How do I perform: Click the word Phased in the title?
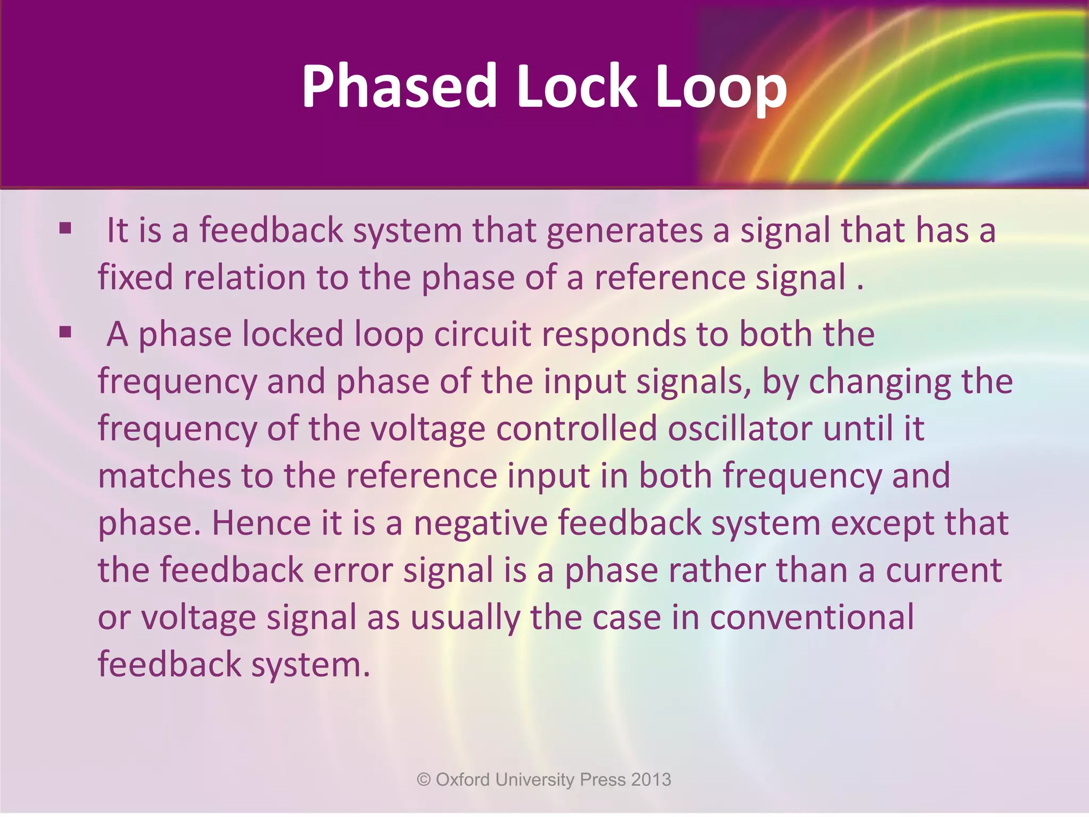[x=399, y=86]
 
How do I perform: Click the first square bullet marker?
[x=65, y=229]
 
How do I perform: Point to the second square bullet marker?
[x=65, y=333]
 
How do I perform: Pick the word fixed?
[x=135, y=278]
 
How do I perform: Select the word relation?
[x=244, y=278]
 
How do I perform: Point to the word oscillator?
[x=740, y=429]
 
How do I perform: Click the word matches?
[x=164, y=476]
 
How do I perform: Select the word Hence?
[x=261, y=523]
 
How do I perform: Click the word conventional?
[x=811, y=618]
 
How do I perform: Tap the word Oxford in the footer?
[x=463, y=780]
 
